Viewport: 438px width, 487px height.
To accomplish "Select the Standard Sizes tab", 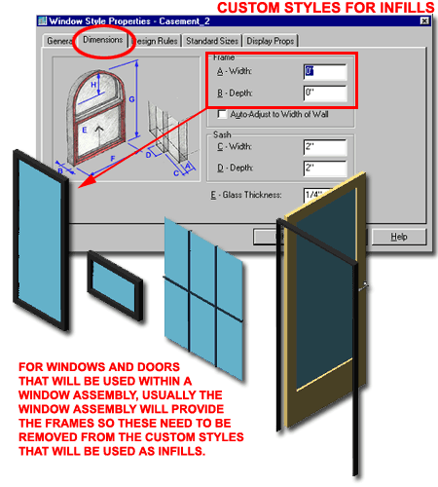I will click(x=210, y=41).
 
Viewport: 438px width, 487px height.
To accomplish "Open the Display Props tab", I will click(x=271, y=41).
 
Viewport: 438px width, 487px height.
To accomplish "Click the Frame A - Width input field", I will click(x=324, y=72).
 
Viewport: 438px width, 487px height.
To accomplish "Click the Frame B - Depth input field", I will click(x=324, y=94).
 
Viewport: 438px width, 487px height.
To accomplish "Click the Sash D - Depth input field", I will click(x=324, y=169).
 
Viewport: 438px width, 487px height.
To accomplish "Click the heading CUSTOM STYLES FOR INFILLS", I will click(x=324, y=10).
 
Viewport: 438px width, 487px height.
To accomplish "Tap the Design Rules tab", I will click(x=155, y=41).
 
